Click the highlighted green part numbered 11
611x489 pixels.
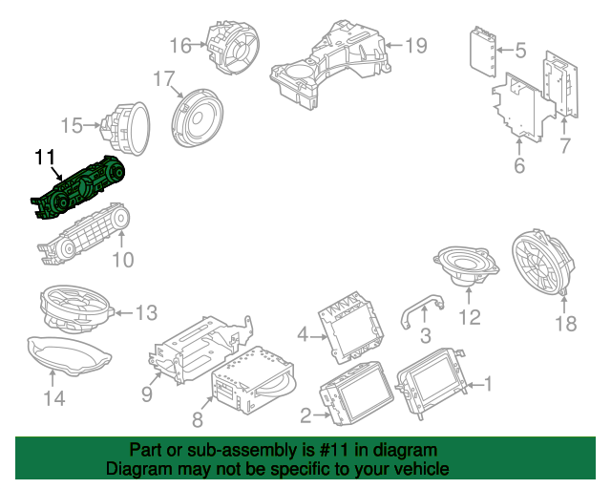click(x=78, y=188)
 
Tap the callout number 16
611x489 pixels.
click(x=180, y=46)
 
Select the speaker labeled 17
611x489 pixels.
click(x=198, y=118)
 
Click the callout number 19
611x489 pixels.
click(x=416, y=46)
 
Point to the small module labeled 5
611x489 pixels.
click(x=483, y=53)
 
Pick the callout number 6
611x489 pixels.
click(x=519, y=165)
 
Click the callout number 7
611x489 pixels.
click(x=565, y=146)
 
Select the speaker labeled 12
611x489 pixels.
click(x=466, y=266)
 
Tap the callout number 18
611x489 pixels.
click(x=566, y=323)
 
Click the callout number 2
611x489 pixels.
click(x=306, y=415)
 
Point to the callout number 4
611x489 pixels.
click(x=303, y=335)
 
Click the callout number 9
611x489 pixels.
click(x=146, y=394)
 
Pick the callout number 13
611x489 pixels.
click(x=146, y=312)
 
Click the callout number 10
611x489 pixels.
click(x=123, y=260)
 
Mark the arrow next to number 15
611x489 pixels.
click(x=93, y=125)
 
